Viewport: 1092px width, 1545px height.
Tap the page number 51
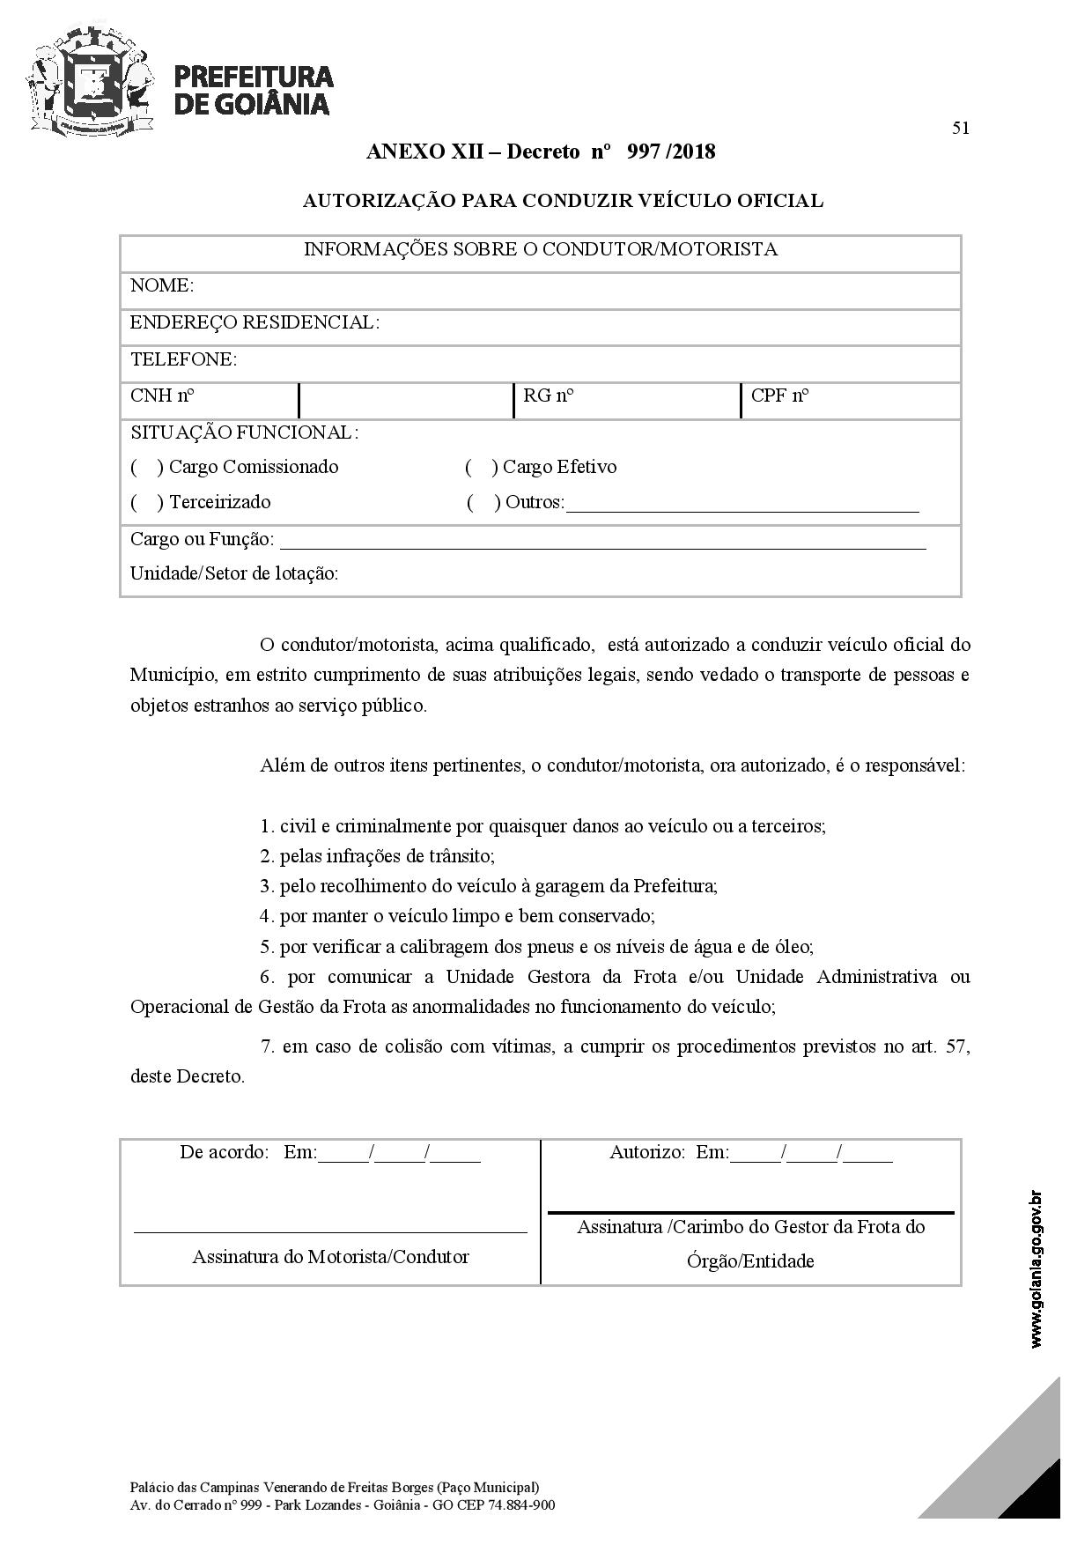961,129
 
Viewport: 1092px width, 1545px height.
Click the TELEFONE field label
183,359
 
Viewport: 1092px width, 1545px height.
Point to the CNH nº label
162,395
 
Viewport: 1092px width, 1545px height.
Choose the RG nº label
548,395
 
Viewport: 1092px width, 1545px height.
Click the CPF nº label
779,395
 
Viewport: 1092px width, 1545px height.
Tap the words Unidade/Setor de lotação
234,573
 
